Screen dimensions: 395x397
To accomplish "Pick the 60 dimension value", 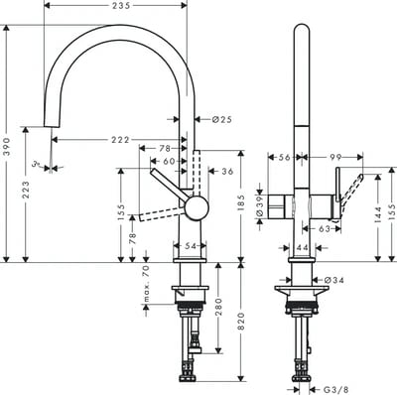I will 168,161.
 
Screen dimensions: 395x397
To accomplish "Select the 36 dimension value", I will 226,172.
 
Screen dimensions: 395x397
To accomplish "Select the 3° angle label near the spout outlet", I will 35,166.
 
